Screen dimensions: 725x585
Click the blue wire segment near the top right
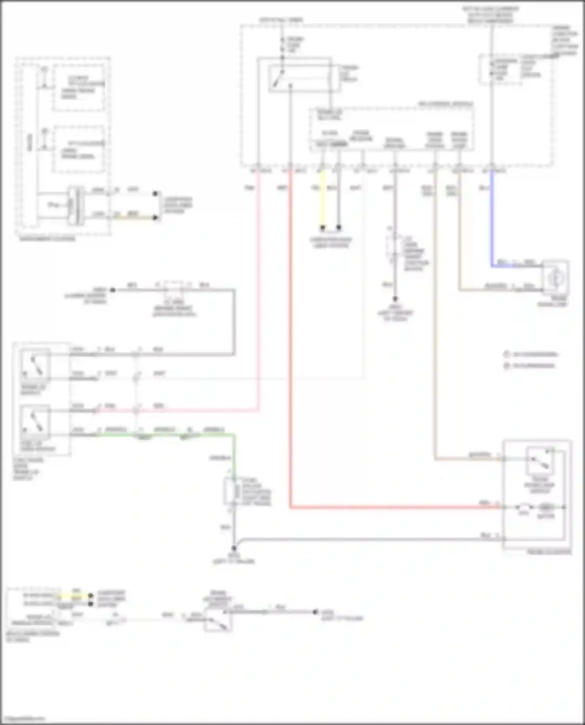pyautogui.click(x=492, y=218)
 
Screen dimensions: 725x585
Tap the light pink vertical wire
pyautogui.click(x=258, y=292)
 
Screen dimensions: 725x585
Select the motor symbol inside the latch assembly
pyautogui.click(x=546, y=508)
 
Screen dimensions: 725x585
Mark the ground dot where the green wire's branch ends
pyautogui.click(x=234, y=548)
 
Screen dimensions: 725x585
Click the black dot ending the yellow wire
pyautogui.click(x=323, y=228)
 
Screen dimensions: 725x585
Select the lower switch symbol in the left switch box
pyautogui.click(x=35, y=423)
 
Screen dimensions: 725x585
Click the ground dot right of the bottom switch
pyautogui.click(x=315, y=612)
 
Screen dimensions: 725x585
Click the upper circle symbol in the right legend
pyautogui.click(x=507, y=355)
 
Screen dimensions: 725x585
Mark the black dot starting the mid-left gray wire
pyautogui.click(x=113, y=290)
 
